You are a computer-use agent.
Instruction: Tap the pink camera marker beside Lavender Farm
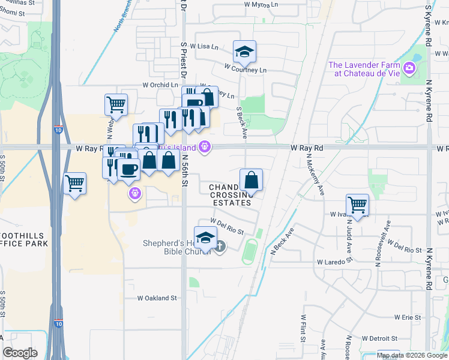click(410, 68)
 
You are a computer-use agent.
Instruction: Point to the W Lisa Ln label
click(204, 46)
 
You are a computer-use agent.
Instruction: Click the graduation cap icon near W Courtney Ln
click(244, 52)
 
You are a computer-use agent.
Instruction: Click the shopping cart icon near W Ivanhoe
click(357, 205)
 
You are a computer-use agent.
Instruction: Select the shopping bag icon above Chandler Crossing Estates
click(251, 179)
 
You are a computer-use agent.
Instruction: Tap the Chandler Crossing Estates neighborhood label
click(230, 195)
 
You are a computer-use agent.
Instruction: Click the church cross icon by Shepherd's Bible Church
click(220, 247)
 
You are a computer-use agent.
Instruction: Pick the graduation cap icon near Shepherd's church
click(205, 238)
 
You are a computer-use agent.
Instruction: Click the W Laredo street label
click(331, 262)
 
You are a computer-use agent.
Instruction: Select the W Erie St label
click(409, 317)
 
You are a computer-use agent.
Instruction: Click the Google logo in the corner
click(20, 353)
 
